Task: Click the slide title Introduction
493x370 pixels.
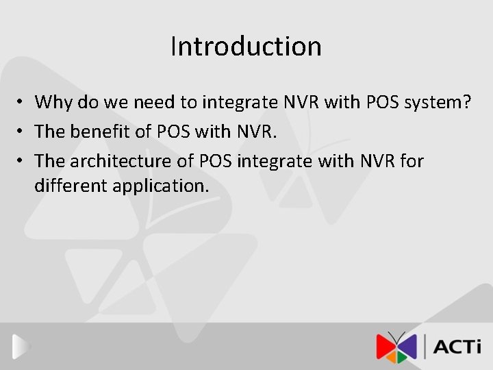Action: coord(246,47)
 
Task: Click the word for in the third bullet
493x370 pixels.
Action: coord(412,161)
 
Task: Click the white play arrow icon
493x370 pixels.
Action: coord(21,347)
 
